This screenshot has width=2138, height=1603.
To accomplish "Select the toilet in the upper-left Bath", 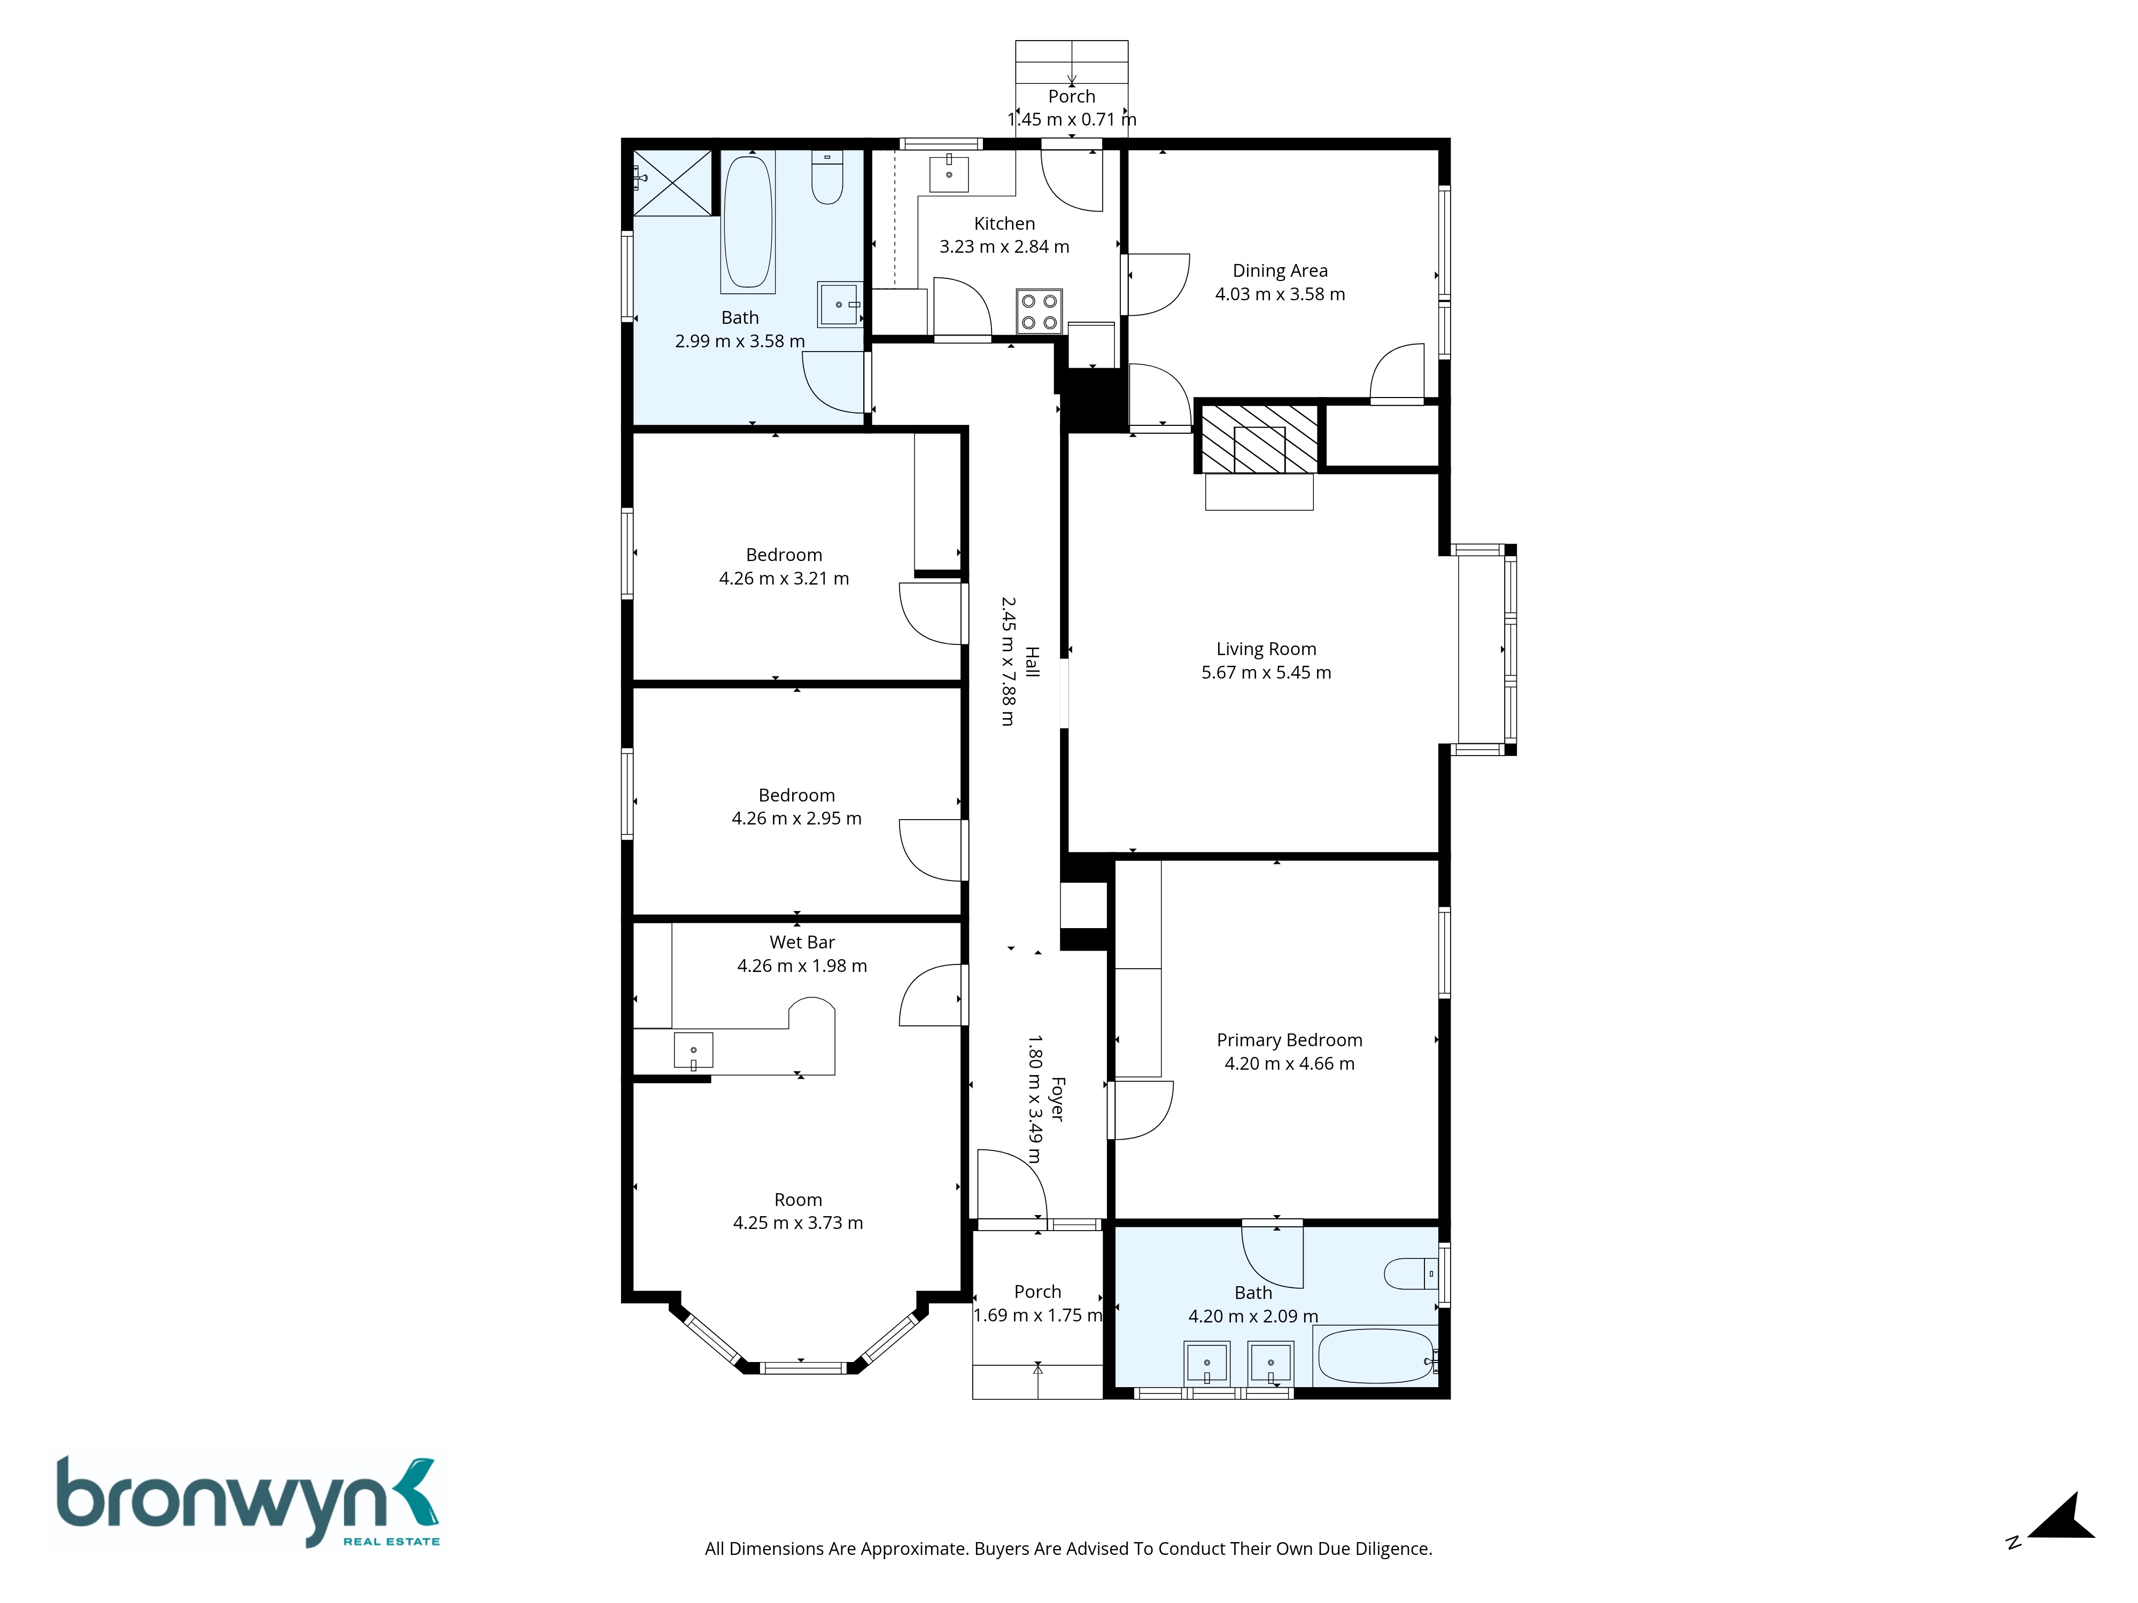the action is click(x=827, y=177).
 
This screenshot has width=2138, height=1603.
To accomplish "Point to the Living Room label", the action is click(x=1266, y=649).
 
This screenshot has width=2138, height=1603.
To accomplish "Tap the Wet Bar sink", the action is click(x=693, y=1051).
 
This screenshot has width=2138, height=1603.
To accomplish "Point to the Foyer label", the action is click(x=1057, y=1100).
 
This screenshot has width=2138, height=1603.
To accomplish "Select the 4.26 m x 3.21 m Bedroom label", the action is click(x=784, y=567).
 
